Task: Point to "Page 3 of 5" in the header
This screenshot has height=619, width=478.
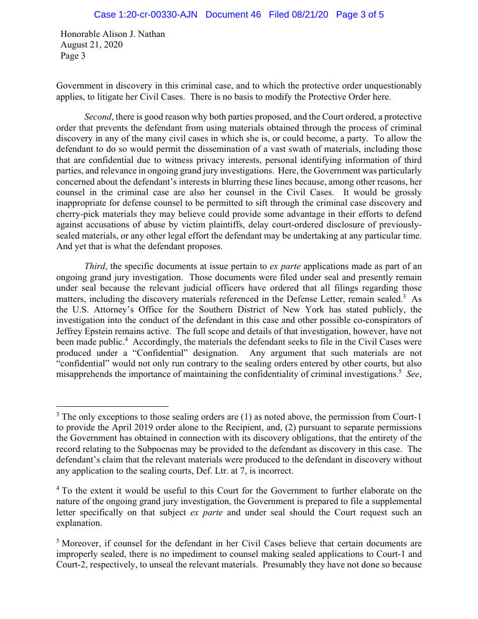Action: coord(360,14)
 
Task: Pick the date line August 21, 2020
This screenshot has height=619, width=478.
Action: coord(91,45)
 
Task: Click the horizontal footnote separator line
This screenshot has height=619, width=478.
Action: coord(112,406)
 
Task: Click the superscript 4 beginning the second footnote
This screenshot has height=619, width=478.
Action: coord(58,489)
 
